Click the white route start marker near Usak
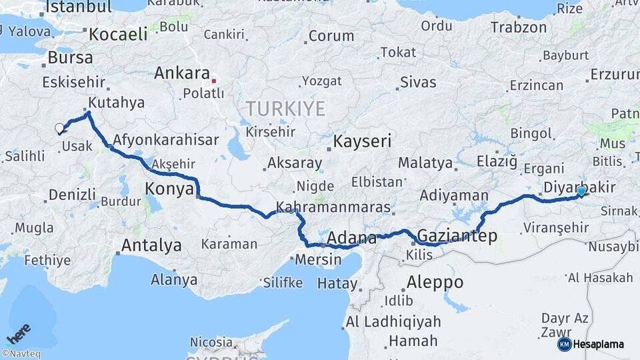(x=59, y=128)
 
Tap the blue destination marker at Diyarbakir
(x=581, y=191)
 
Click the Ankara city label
(x=182, y=73)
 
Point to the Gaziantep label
(x=457, y=235)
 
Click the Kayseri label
(x=362, y=141)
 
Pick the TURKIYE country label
(x=285, y=109)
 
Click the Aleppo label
(x=434, y=281)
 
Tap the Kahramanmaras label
(x=333, y=207)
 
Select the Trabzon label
(x=519, y=27)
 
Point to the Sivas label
(x=418, y=83)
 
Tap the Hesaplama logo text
(x=599, y=345)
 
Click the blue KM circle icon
(x=564, y=344)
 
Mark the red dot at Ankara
(x=213, y=81)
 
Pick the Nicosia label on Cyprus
(x=211, y=342)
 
